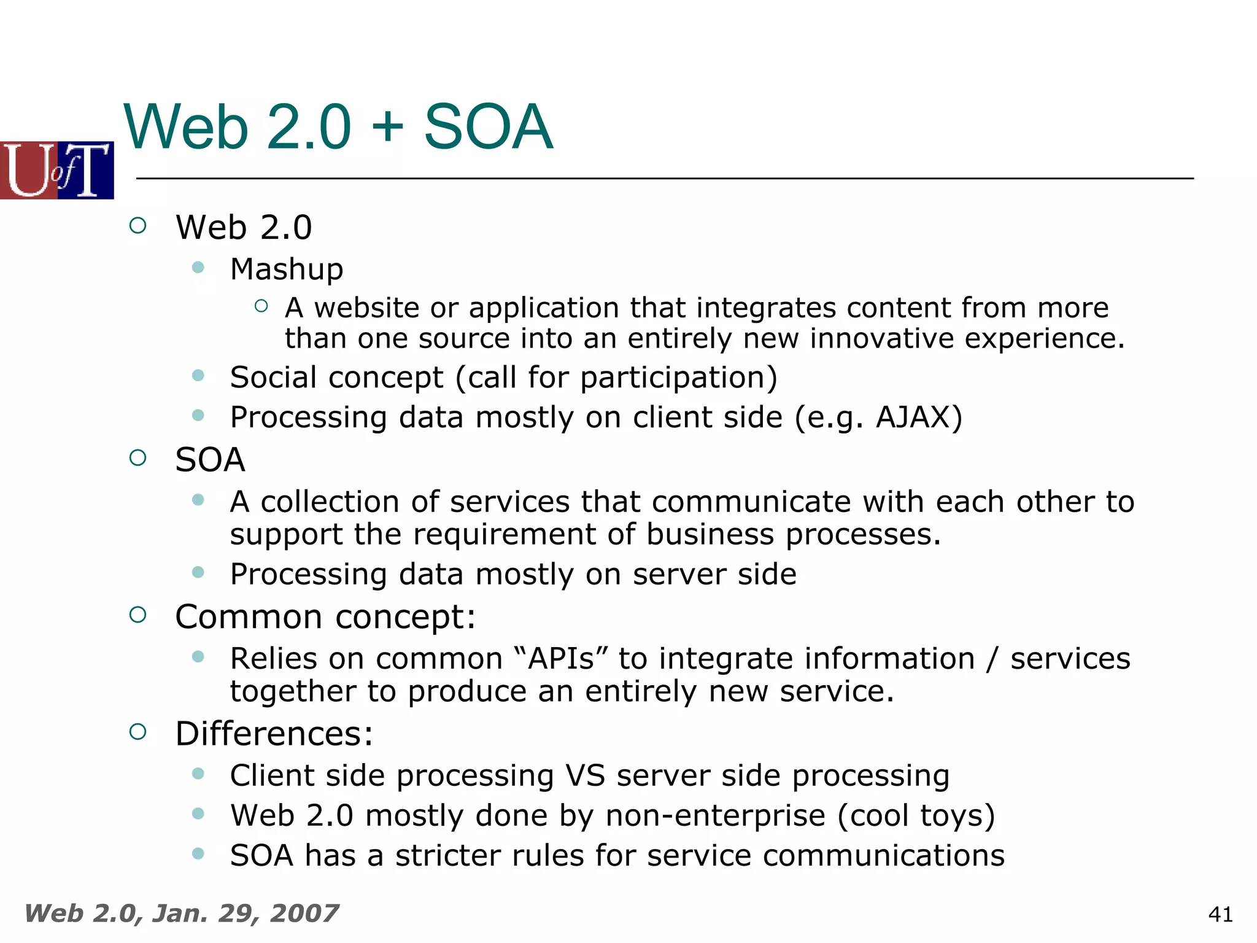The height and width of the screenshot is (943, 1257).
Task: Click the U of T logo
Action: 56,170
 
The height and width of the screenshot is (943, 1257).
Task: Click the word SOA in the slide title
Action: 488,127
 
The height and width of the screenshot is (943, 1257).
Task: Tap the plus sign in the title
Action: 387,128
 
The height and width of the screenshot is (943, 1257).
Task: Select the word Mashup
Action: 287,270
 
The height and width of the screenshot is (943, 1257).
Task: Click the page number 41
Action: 1220,915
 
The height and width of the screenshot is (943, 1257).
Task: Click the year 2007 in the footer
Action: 304,914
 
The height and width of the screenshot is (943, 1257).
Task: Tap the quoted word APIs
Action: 561,659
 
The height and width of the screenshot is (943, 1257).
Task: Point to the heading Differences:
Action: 274,734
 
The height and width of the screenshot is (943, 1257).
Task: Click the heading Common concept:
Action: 325,617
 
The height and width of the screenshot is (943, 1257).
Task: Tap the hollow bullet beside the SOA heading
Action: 138,457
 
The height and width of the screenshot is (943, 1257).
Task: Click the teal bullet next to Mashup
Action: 198,267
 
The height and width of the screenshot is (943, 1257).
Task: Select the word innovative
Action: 881,339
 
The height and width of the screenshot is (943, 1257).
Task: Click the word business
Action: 710,534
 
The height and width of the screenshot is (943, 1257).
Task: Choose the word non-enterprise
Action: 716,816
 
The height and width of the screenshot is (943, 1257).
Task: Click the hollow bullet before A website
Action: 261,306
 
